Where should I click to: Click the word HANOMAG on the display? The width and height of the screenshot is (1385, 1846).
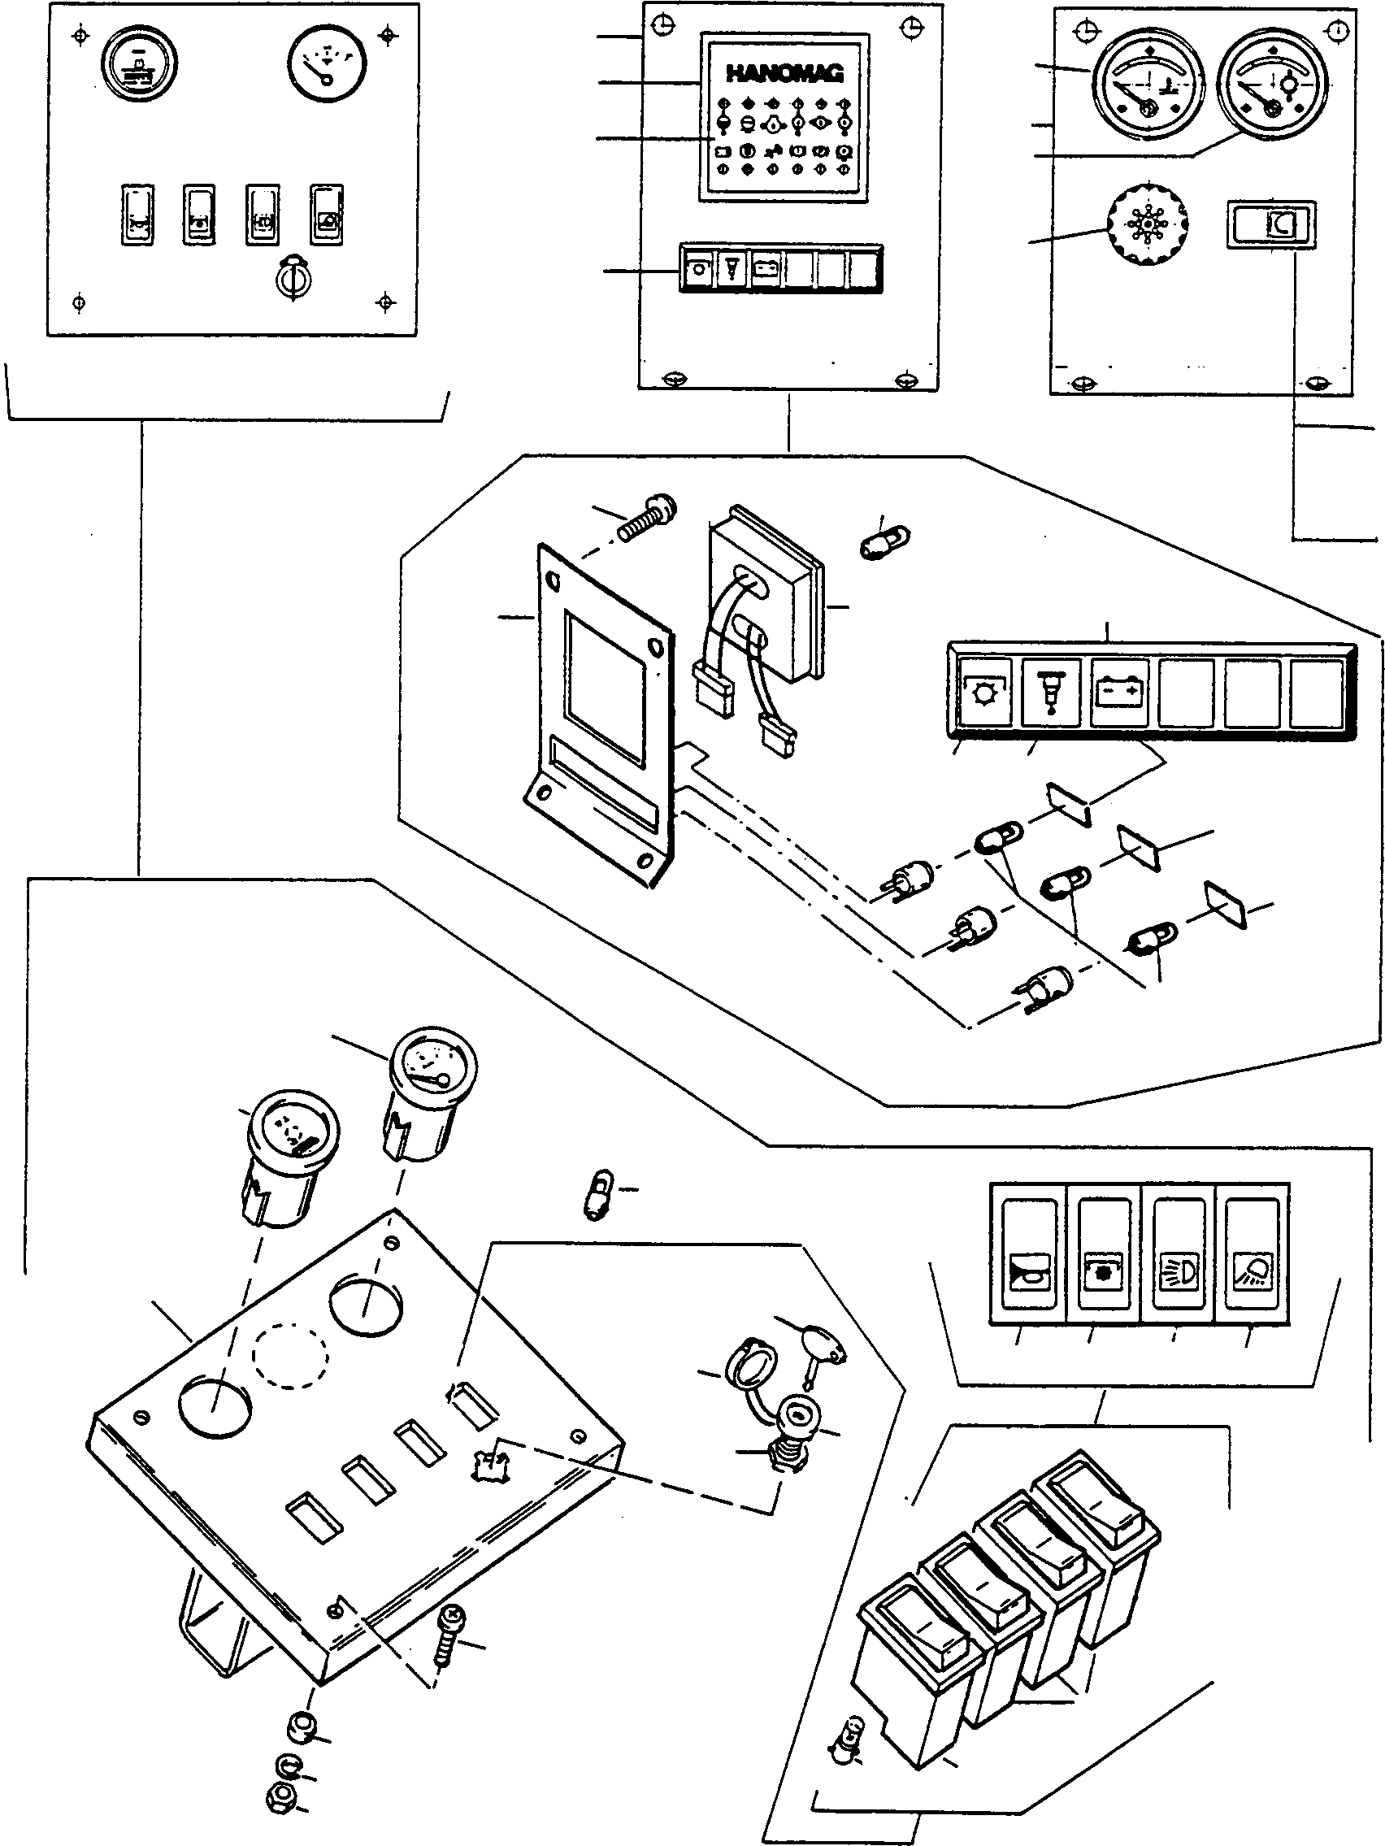[x=784, y=73]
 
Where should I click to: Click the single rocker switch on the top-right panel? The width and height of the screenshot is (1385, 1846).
[x=1270, y=224]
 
